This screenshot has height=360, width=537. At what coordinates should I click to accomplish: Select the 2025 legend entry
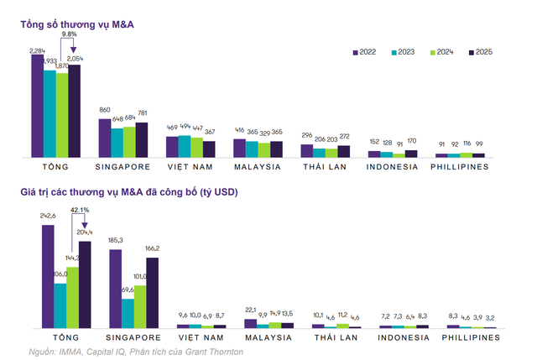click(x=478, y=52)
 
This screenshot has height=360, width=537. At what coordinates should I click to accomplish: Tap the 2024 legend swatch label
click(x=441, y=52)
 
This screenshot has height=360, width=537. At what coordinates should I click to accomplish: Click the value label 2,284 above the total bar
click(x=38, y=51)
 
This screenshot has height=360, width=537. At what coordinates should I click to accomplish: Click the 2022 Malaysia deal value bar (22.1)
click(x=250, y=322)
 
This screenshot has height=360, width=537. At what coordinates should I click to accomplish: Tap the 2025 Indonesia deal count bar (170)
click(x=410, y=154)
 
